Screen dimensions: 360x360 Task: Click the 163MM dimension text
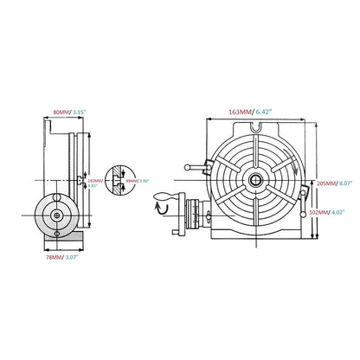point(240,112)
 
